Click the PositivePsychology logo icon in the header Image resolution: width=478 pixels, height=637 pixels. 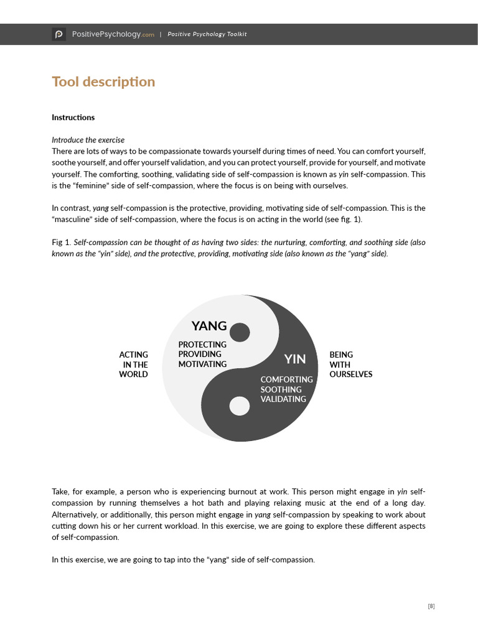point(59,34)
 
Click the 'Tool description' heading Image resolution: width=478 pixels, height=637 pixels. point(103,82)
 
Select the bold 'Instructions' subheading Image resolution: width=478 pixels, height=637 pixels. point(73,118)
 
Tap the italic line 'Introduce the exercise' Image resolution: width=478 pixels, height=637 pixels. point(88,140)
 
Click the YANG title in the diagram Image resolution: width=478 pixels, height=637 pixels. point(209,326)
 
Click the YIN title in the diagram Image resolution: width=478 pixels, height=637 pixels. point(295,359)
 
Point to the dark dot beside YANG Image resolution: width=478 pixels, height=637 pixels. point(240,332)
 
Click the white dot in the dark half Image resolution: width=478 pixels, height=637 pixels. point(240,406)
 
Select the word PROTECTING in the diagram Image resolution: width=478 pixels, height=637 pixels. point(202,345)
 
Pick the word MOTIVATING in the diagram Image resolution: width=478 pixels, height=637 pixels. point(202,365)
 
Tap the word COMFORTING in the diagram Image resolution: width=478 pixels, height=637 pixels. point(286,379)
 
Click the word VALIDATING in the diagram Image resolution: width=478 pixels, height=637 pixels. point(283,399)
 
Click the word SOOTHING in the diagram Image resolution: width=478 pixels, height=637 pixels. point(281,389)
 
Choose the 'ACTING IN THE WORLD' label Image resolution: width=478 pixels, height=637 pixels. point(134,365)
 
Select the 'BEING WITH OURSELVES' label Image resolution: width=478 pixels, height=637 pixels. point(350,365)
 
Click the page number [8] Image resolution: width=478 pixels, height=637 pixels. point(431,607)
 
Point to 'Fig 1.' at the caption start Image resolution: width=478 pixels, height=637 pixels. point(61,243)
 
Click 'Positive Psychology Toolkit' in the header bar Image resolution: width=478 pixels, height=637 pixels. point(207,34)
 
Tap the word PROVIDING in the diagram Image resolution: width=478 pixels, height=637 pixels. point(200,355)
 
